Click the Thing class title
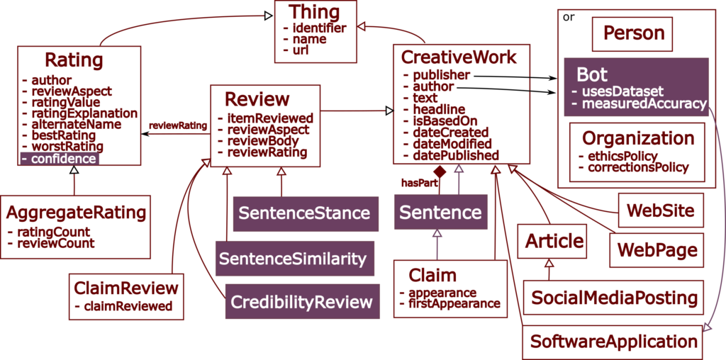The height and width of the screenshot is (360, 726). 314,13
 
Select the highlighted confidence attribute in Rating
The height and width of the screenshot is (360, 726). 60,159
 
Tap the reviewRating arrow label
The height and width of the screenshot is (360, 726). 177,126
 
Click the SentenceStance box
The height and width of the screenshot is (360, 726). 306,213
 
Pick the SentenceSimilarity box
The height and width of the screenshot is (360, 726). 295,258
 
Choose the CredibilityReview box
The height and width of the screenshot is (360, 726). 302,302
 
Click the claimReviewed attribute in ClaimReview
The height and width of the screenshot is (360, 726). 123,306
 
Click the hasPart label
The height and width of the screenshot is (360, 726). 420,183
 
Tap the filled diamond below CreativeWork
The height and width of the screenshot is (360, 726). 440,171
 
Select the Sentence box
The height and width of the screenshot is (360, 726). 441,212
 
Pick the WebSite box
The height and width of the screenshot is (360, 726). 661,210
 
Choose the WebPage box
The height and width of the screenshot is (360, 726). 657,250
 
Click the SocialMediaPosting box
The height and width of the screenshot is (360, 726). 614,297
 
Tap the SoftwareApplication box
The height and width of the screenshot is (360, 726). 613,342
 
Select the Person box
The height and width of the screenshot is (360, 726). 632,34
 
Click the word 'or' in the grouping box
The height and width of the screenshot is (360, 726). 568,17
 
